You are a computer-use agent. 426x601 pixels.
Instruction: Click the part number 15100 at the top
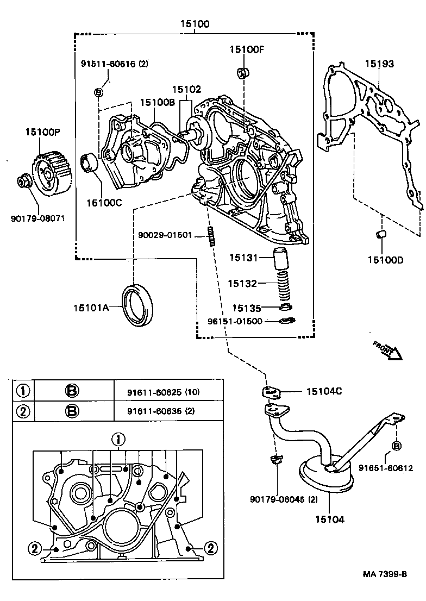click(x=195, y=24)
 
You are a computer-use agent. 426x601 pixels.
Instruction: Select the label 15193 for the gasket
click(x=379, y=64)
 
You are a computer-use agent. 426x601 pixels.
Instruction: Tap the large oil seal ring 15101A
click(x=139, y=305)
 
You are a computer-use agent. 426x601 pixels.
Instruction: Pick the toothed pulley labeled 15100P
click(x=52, y=173)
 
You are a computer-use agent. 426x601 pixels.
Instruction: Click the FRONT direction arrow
click(x=387, y=350)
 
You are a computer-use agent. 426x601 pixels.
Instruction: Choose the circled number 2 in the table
click(x=22, y=411)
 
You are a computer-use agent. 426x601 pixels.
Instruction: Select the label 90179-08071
click(x=37, y=219)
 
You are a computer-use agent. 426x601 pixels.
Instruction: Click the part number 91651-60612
click(x=385, y=468)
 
